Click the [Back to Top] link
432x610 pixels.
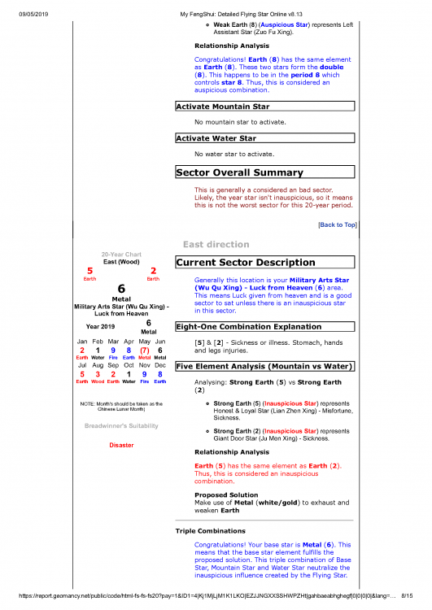[337, 224]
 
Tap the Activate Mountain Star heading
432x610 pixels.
[221, 106]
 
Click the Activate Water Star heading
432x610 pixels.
[215, 138]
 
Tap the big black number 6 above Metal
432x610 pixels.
[121, 289]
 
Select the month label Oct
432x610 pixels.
[129, 366]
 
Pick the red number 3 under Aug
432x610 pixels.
[98, 374]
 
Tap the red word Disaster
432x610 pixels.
[121, 445]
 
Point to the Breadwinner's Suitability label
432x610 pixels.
[121, 425]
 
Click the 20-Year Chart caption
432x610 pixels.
[121, 254]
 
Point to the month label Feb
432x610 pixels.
[98, 341]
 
